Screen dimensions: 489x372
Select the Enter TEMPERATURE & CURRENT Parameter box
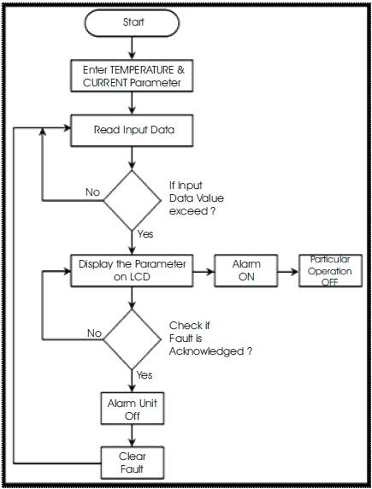click(132, 76)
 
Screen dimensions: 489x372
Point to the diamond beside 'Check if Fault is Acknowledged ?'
click(132, 339)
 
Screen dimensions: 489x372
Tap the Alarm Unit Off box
click(132, 408)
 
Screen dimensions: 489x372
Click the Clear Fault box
click(132, 462)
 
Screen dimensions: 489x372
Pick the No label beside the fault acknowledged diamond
click(93, 333)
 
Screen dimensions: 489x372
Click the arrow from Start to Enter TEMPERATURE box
click(132, 49)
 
